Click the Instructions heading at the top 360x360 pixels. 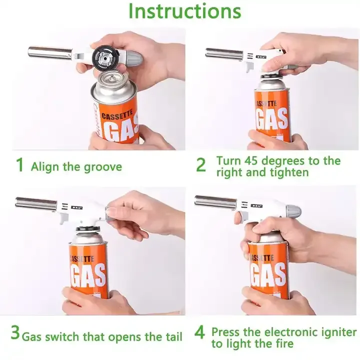pos(185,11)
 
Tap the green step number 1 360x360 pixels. pos(19,164)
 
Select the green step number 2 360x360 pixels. pos(201,165)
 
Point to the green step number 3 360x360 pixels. pos(15,332)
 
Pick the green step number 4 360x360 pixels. pos(199,332)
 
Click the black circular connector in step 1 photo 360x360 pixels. pos(105,58)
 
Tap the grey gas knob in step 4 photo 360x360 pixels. pos(293,211)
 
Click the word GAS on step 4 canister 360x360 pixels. pos(268,275)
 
